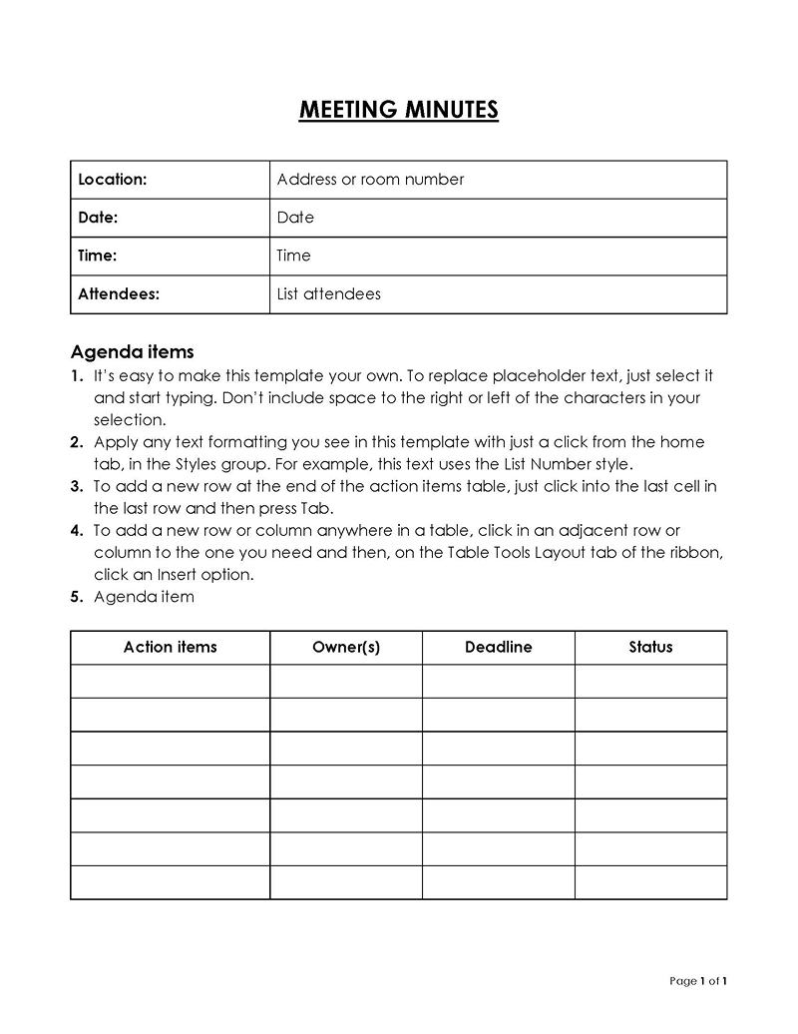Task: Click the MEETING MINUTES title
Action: (398, 110)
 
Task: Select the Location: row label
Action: (113, 180)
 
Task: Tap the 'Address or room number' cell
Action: (370, 180)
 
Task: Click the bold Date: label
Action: (98, 218)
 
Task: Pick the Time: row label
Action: (98, 256)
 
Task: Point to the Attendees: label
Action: (119, 294)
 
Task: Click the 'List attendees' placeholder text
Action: (328, 294)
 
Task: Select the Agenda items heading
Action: (132, 352)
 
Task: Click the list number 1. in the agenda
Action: (77, 376)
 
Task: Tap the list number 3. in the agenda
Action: (77, 486)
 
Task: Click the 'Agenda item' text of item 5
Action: (144, 597)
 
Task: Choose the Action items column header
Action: (170, 647)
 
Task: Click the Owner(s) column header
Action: (345, 647)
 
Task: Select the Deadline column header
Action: (498, 647)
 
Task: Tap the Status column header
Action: (650, 647)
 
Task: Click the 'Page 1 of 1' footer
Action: (698, 981)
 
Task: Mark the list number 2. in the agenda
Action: (77, 442)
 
